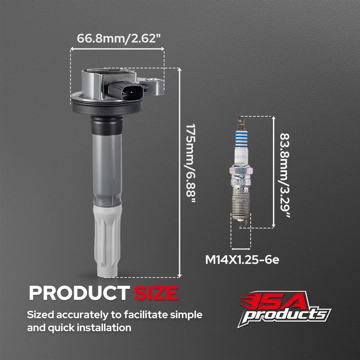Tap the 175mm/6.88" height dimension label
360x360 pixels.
pos(190,163)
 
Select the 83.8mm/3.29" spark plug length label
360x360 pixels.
pos(284,175)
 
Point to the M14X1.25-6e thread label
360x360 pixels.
pos(242,260)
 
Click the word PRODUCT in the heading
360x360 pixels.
pos(79,293)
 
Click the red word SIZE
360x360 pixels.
pos(156,293)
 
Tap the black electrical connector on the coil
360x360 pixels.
pos(126,91)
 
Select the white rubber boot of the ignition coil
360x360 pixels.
pos(107,241)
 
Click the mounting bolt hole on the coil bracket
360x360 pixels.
pos(152,80)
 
